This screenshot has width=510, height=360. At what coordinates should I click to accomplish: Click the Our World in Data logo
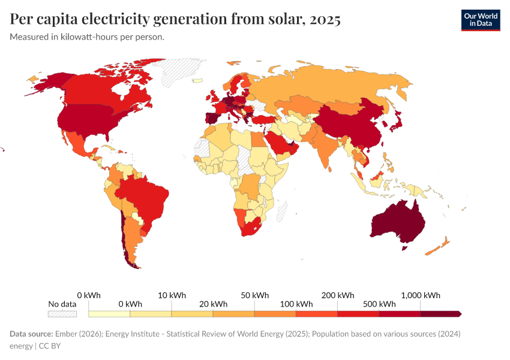tap(480, 20)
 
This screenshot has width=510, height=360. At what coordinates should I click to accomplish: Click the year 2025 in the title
tap(325, 19)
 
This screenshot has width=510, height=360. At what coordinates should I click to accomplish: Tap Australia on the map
tap(398, 223)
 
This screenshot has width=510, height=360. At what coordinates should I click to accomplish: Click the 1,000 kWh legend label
tap(420, 295)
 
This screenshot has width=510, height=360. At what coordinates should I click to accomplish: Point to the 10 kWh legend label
tap(172, 295)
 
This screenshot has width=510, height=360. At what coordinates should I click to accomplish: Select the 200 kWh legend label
tap(338, 295)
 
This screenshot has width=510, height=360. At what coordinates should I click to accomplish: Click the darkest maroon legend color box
tap(440, 313)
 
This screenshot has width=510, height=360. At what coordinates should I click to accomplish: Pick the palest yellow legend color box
tap(109, 313)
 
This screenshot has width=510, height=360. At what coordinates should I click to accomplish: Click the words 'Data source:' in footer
tap(31, 334)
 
